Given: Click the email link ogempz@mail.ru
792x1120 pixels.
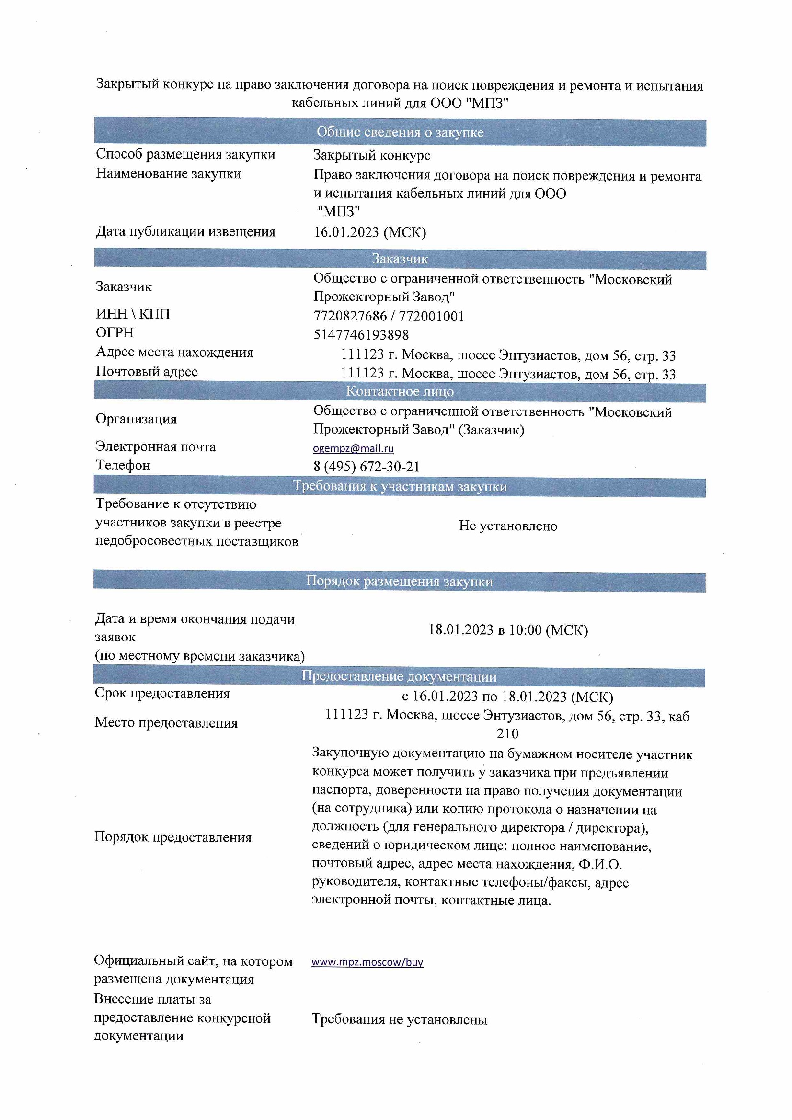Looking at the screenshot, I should [353, 448].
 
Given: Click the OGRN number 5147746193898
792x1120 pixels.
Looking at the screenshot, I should [361, 335].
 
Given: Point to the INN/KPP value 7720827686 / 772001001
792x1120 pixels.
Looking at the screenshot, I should [389, 316].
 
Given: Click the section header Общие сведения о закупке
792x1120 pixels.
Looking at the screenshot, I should [400, 132].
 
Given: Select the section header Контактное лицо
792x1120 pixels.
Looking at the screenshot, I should [400, 391].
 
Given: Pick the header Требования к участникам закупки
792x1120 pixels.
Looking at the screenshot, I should [400, 486].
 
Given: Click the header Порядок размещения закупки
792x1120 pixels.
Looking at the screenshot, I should [399, 581].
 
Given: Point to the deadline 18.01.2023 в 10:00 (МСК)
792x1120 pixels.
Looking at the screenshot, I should [507, 630].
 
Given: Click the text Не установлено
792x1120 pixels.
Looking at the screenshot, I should [507, 526].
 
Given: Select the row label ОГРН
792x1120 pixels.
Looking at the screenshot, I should [115, 332].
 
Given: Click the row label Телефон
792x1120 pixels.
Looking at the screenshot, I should [123, 465].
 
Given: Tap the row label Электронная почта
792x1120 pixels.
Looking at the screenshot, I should [155, 446].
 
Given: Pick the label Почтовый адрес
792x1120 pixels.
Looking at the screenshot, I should [147, 372].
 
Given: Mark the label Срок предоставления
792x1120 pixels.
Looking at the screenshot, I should [161, 693].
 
